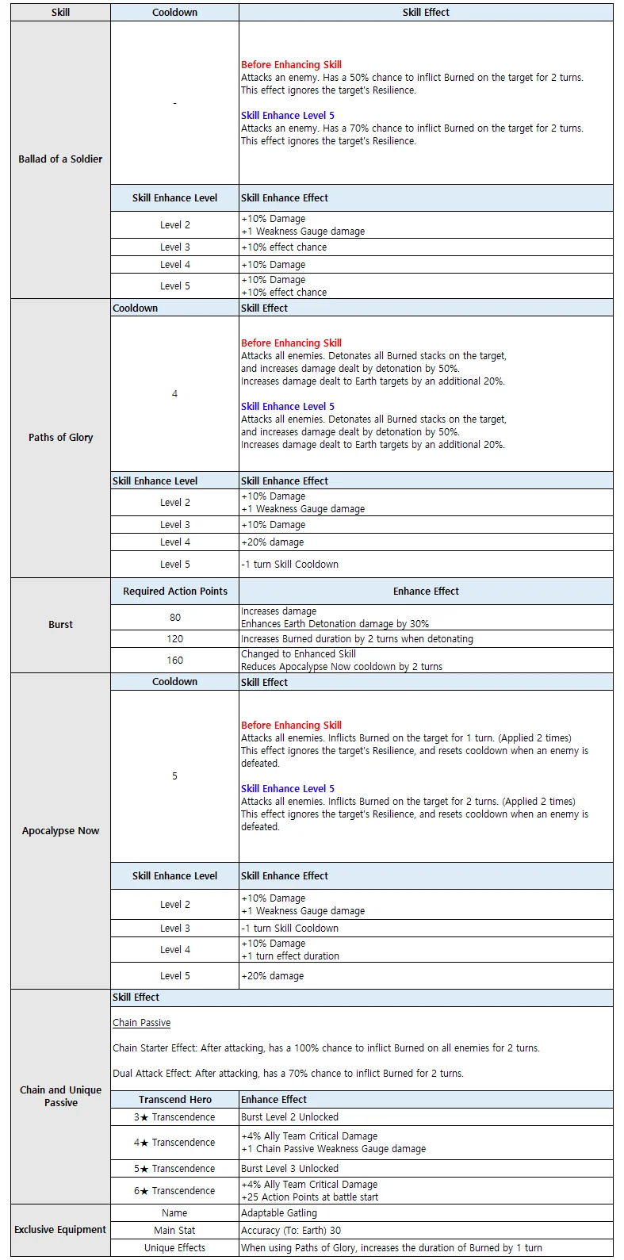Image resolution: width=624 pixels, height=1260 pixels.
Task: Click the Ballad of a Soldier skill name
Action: pyautogui.click(x=60, y=159)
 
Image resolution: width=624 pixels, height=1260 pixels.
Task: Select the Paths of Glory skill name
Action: pyautogui.click(x=60, y=437)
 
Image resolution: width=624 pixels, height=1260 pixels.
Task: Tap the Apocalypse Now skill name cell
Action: pyautogui.click(x=60, y=830)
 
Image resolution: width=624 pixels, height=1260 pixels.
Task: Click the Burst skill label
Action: pyautogui.click(x=60, y=624)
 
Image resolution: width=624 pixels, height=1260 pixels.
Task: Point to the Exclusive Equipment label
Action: pyautogui.click(x=60, y=1229)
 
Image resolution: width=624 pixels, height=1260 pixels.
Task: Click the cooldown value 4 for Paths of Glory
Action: pyautogui.click(x=174, y=393)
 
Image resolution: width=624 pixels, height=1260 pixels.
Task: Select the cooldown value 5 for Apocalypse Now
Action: pyautogui.click(x=174, y=776)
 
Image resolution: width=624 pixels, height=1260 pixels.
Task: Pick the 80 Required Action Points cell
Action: pyautogui.click(x=174, y=617)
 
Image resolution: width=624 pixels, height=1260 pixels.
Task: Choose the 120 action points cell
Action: pyautogui.click(x=174, y=638)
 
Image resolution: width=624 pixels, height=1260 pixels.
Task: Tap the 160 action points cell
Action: pyautogui.click(x=174, y=660)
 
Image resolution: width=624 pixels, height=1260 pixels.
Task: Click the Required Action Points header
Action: pyautogui.click(x=174, y=591)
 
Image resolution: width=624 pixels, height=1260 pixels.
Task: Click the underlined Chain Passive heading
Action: pyautogui.click(x=141, y=1022)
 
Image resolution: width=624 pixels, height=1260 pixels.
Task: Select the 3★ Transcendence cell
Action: pyautogui.click(x=174, y=1116)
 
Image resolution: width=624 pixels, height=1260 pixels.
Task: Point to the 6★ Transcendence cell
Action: pyautogui.click(x=174, y=1190)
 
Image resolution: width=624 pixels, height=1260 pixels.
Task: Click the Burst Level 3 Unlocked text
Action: pyautogui.click(x=289, y=1168)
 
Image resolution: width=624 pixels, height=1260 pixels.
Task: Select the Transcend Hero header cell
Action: pyautogui.click(x=174, y=1099)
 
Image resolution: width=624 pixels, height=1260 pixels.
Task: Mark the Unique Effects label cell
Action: pyautogui.click(x=174, y=1247)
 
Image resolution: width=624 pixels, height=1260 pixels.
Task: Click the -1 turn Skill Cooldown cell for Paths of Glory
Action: pyautogui.click(x=289, y=564)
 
